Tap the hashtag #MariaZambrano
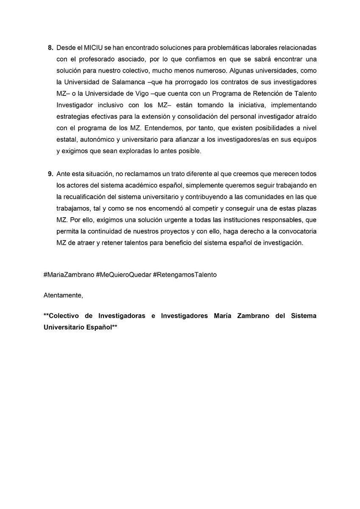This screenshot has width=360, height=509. click(68, 274)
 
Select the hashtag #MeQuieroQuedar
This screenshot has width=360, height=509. click(123, 274)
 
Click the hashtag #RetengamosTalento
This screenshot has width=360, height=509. click(185, 274)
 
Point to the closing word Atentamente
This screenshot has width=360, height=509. click(63, 295)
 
